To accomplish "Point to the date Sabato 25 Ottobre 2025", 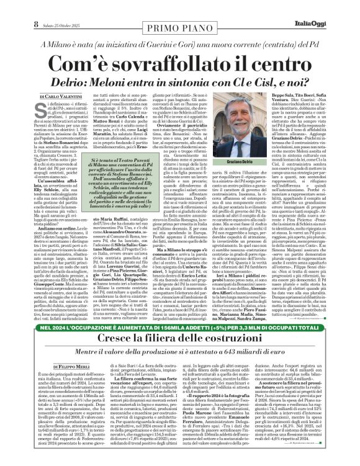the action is (x=43, y=8).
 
